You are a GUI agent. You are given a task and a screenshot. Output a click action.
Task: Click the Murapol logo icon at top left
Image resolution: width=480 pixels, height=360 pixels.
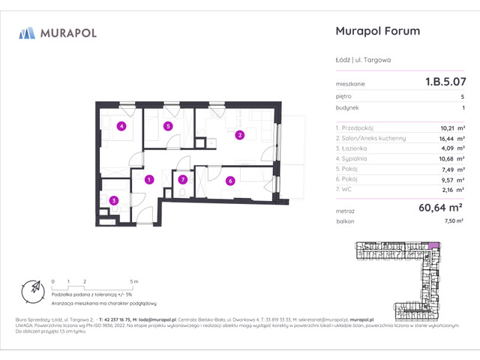pyautogui.click(x=28, y=33)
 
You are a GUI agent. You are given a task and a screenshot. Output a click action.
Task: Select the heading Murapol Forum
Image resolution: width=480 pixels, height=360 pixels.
pyautogui.click(x=375, y=31)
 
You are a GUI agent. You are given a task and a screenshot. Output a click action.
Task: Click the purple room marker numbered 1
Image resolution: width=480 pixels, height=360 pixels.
pyautogui.click(x=150, y=179)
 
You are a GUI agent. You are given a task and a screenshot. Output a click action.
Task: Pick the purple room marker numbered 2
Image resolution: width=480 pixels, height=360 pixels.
pyautogui.click(x=240, y=136)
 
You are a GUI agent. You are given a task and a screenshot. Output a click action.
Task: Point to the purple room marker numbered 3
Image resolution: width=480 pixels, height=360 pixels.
pyautogui.click(x=113, y=200)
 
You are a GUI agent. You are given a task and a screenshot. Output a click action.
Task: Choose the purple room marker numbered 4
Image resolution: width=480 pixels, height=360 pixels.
pyautogui.click(x=121, y=126)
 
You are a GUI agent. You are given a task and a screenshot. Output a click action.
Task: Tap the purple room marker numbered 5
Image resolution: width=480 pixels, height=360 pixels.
pyautogui.click(x=169, y=127)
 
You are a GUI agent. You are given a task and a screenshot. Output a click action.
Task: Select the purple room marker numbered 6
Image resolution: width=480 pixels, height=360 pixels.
pyautogui.click(x=230, y=180)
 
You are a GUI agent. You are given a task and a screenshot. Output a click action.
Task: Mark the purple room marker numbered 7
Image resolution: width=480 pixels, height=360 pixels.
pyautogui.click(x=183, y=180)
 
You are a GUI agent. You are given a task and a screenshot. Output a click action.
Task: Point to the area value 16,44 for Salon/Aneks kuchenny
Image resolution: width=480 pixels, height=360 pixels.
pyautogui.click(x=442, y=138)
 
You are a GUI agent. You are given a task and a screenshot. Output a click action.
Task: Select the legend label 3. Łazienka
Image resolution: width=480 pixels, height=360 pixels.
pyautogui.click(x=357, y=148)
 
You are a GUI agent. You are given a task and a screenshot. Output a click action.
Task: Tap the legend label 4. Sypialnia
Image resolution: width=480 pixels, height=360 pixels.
pyautogui.click(x=357, y=159)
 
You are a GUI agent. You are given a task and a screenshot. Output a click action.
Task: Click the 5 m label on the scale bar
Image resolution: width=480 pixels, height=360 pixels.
pyautogui.click(x=133, y=281)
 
